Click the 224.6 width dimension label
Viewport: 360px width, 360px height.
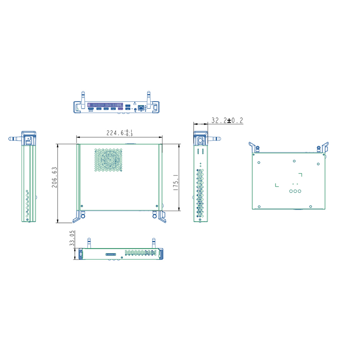(120, 133)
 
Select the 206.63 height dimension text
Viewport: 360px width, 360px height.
(54, 177)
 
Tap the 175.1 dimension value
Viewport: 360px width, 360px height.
(176, 182)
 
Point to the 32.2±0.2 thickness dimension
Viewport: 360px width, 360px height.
(227, 121)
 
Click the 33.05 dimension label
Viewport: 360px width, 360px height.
(72, 238)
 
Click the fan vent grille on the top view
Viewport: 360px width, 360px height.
(108, 160)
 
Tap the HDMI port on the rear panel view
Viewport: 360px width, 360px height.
(91, 108)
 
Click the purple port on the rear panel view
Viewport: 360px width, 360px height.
(120, 109)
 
